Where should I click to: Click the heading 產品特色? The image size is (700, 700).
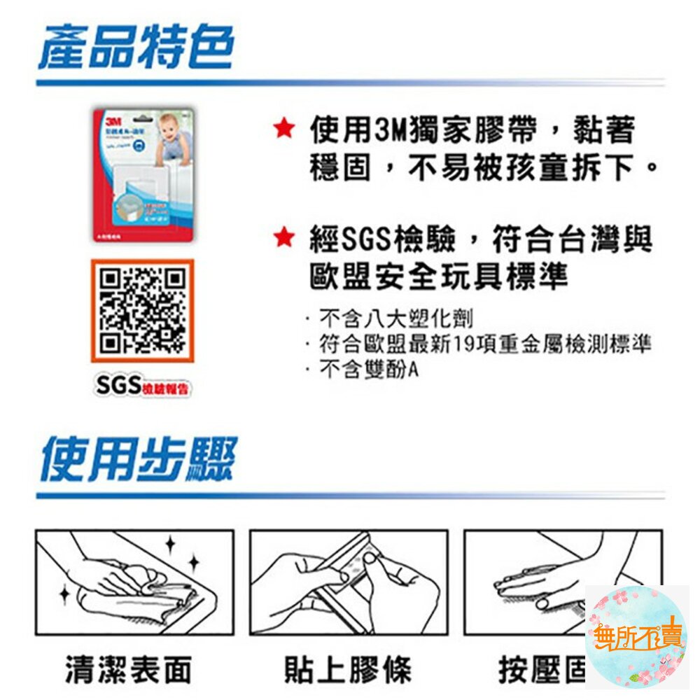click(x=136, y=48)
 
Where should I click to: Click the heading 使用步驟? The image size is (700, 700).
click(x=139, y=459)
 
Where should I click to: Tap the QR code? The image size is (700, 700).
click(x=142, y=310)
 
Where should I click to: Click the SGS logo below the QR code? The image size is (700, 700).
click(x=119, y=385)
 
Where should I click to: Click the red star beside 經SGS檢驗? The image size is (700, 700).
click(x=283, y=238)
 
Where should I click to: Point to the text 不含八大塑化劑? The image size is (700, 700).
click(x=395, y=319)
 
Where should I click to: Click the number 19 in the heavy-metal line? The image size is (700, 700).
click(x=465, y=344)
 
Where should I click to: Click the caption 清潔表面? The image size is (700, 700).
click(x=128, y=669)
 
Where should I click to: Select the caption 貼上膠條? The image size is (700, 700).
click(x=348, y=669)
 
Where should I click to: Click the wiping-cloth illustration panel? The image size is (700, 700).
click(x=134, y=582)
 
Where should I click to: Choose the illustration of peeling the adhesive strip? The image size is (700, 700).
click(x=349, y=582)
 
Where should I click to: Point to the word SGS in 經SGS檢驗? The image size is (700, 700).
click(x=368, y=240)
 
